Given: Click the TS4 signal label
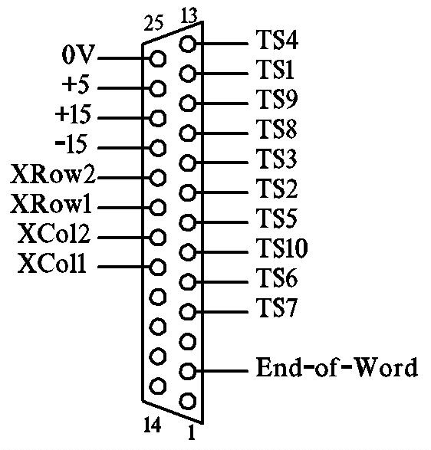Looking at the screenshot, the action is (277, 40).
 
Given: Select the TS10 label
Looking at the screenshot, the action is (282, 248).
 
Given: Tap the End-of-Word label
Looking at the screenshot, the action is (337, 367).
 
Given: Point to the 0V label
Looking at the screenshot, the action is (78, 54).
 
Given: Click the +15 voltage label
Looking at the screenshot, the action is (73, 114).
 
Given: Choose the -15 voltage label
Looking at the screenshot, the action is (71, 144).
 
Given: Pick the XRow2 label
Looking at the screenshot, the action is (53, 174).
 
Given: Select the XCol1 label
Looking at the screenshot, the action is (52, 263).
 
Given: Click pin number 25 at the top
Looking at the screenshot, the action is (153, 23).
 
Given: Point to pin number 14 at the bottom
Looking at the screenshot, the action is (152, 425).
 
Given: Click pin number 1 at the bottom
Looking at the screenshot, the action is (192, 432).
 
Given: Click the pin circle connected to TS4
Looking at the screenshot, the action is (187, 44).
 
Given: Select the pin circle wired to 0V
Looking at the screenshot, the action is (158, 58).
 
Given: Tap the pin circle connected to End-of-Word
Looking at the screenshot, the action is (187, 371).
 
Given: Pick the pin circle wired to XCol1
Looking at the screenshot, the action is (158, 268).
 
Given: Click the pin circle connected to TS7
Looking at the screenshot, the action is (187, 312).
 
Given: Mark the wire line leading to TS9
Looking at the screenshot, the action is (222, 103).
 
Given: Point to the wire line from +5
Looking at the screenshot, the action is (123, 88).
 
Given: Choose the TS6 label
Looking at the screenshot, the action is (277, 278).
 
